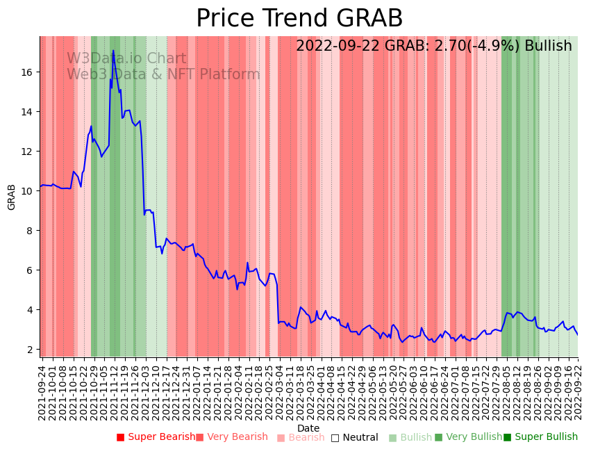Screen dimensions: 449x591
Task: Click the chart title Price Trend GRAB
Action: point(299,19)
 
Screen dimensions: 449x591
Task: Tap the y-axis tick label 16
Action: point(28,72)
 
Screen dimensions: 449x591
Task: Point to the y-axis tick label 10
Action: point(28,190)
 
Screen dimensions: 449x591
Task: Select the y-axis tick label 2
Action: point(31,349)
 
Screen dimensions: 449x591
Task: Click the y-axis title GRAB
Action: point(12,197)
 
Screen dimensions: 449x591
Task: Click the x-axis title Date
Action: point(308,428)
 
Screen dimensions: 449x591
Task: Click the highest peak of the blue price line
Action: point(113,51)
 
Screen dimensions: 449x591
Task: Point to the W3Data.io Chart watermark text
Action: point(126,59)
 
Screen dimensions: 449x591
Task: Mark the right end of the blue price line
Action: point(577,334)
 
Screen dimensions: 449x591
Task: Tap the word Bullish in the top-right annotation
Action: point(548,47)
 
